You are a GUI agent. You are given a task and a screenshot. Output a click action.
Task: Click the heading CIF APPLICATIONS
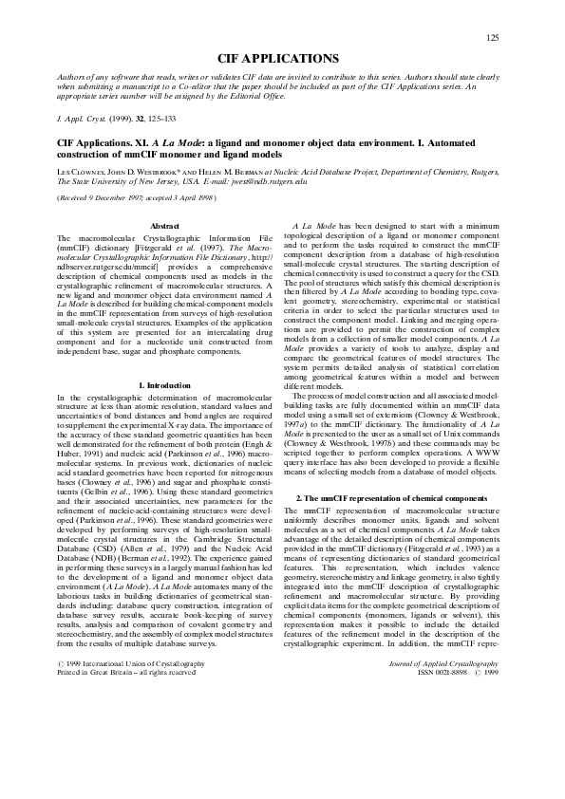pyautogui.click(x=278, y=59)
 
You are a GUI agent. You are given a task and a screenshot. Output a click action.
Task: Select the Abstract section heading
pyautogui.click(x=165, y=225)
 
